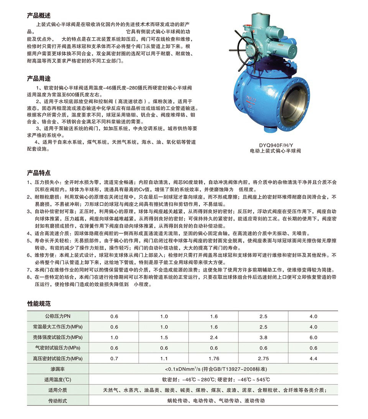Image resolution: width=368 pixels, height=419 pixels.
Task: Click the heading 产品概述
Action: [39, 16]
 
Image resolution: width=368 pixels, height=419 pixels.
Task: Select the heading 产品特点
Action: [39, 173]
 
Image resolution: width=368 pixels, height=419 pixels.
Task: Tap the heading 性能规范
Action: [39, 304]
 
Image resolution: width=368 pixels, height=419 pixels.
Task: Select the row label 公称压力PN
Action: [58, 317]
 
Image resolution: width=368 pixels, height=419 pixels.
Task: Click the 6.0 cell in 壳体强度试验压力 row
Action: [313, 338]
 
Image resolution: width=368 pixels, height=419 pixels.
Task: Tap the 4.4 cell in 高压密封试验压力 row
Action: [313, 359]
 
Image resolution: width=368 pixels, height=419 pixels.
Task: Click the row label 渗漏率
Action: [58, 369]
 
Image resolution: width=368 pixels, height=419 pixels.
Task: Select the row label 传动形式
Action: [58, 401]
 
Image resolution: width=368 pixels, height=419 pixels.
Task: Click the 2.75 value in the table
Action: [263, 359]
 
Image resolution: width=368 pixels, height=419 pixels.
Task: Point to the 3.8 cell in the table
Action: [263, 338]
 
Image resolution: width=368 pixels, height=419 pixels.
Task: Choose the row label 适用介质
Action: [58, 390]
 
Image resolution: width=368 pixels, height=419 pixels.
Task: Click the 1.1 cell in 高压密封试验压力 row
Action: [164, 359]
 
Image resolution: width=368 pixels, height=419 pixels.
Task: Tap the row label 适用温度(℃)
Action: [58, 380]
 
